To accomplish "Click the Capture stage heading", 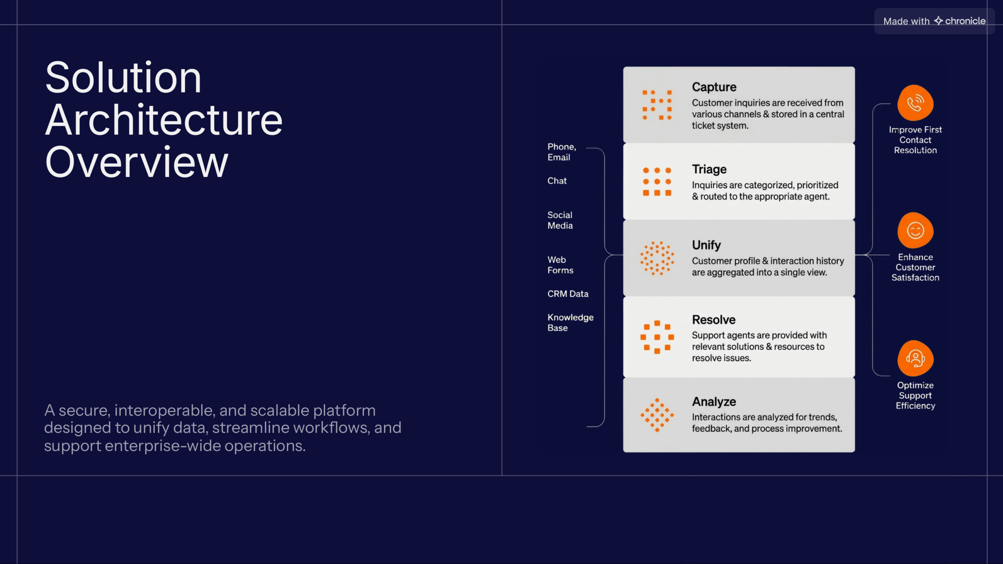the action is [714, 87].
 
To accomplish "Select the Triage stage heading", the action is [709, 169].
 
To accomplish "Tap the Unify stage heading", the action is [706, 245].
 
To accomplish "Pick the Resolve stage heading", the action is [713, 320].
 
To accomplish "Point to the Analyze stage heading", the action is [714, 401].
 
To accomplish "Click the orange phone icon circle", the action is [915, 103].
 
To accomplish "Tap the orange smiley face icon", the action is [915, 230].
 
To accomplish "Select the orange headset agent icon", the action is [915, 358].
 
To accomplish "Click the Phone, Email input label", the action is [562, 152].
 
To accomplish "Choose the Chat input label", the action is [557, 181].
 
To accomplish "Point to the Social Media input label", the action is [560, 220].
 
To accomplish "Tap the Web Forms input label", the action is [560, 265].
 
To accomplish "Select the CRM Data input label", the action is [568, 294].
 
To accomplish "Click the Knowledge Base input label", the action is [570, 323].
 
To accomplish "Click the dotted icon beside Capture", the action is [657, 105].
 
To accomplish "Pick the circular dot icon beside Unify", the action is [657, 258].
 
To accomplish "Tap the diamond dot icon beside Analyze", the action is [657, 415].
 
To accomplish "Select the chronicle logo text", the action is [965, 21].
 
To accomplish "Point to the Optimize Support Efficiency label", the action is [915, 396].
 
